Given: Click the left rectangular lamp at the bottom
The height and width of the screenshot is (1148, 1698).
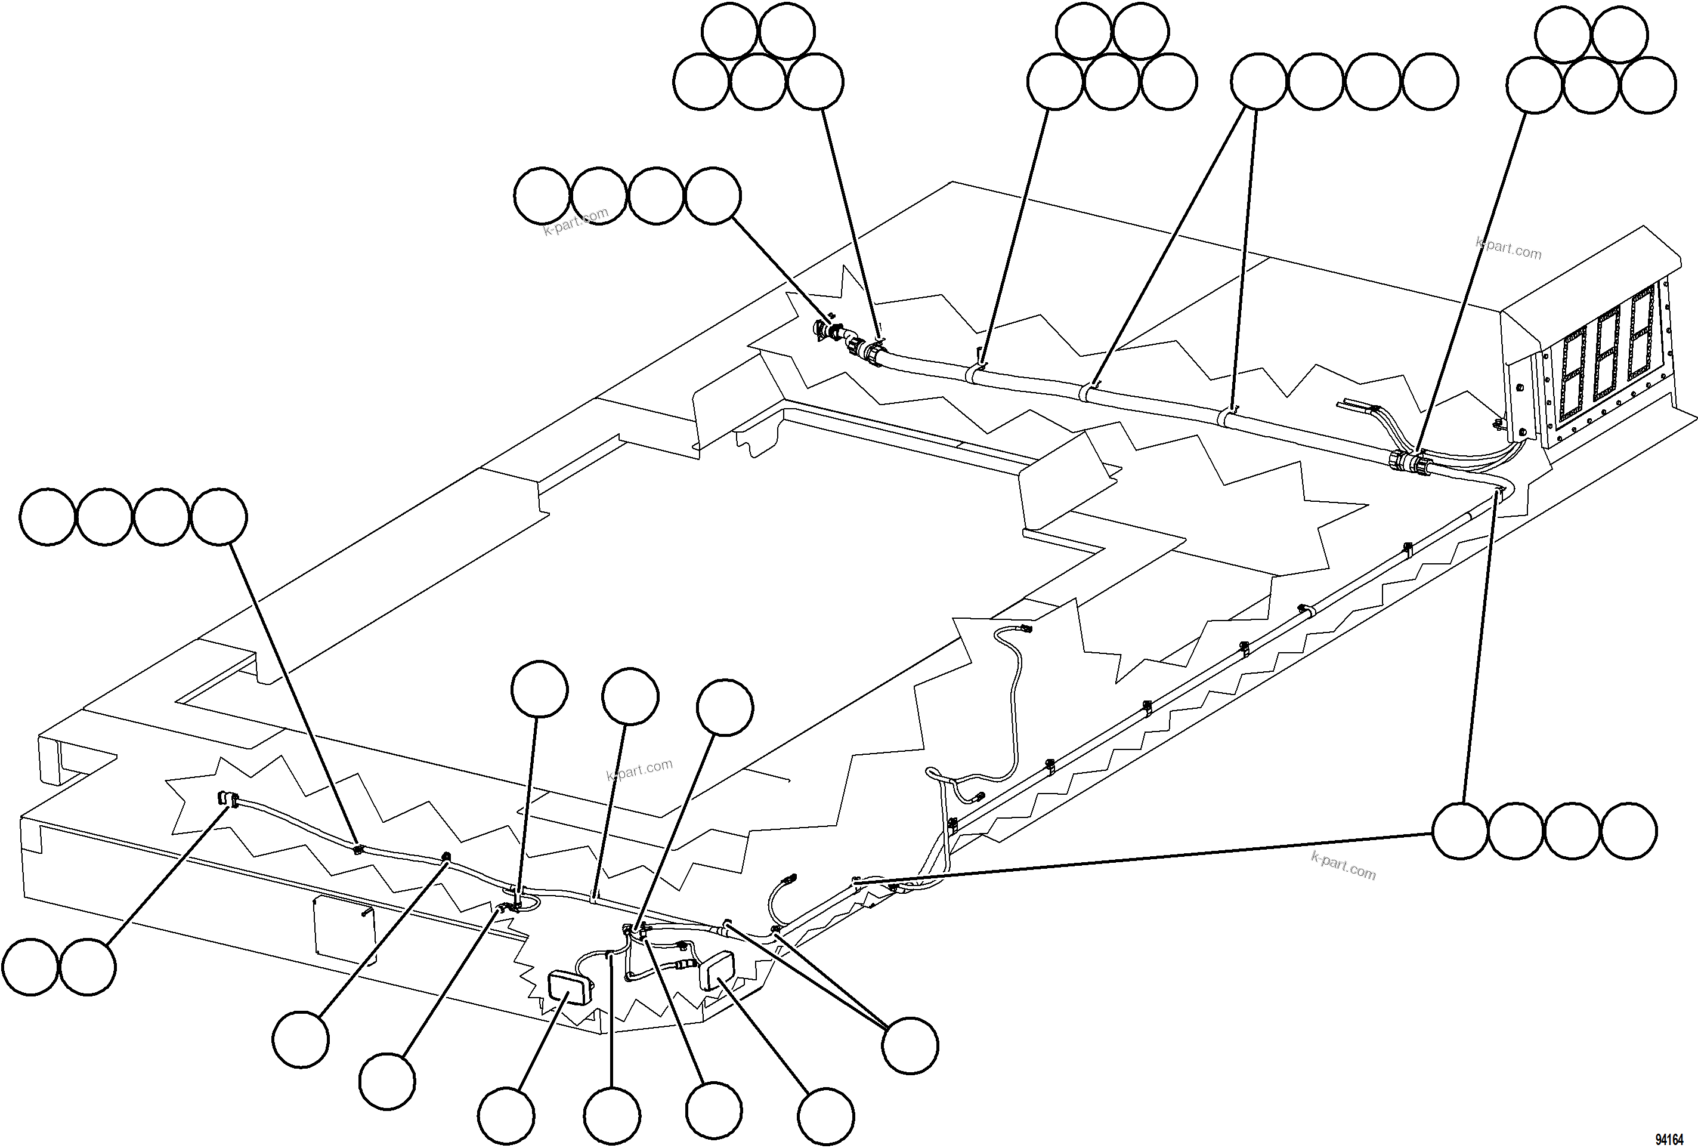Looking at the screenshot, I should tap(569, 986).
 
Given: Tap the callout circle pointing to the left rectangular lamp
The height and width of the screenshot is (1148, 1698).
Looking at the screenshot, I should tap(506, 1115).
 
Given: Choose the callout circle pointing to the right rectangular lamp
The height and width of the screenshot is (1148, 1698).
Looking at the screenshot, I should tap(825, 1115).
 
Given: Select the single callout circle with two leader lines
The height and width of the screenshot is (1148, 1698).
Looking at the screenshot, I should tap(910, 1045).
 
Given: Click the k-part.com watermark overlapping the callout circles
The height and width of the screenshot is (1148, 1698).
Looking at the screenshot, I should tap(576, 221).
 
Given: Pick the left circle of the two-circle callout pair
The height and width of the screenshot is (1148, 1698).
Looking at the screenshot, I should tap(30, 967).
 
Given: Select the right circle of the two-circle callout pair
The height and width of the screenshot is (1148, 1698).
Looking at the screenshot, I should tap(88, 967).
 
